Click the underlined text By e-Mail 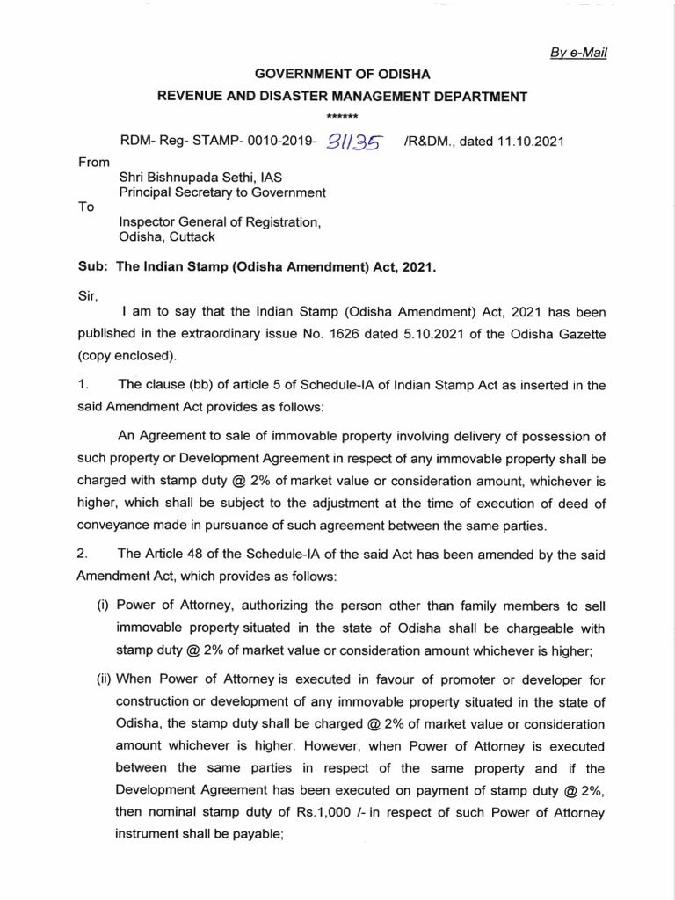(578, 53)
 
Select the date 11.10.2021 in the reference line (531, 141)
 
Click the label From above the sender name (94, 162)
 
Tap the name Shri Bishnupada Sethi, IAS (200, 177)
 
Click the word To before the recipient (86, 207)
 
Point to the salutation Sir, (90, 297)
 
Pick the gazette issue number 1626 (396, 336)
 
